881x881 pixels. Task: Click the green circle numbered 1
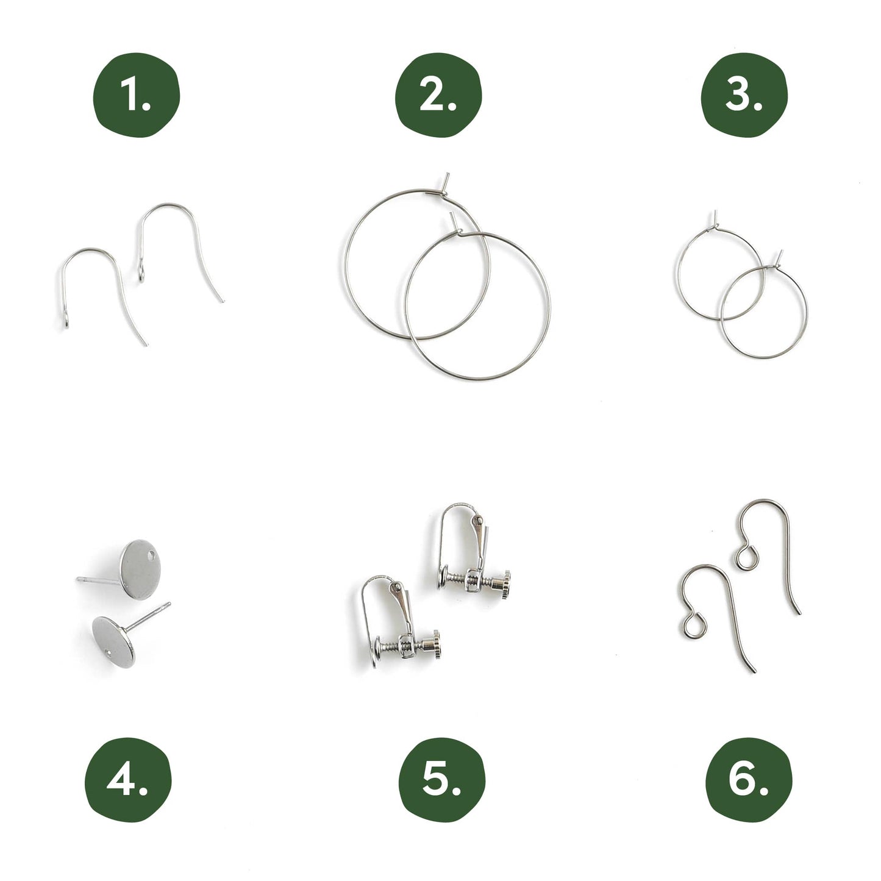click(136, 95)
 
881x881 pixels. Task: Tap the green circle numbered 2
click(438, 95)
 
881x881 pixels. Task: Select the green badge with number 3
click(744, 95)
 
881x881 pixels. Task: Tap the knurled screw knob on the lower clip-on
click(435, 644)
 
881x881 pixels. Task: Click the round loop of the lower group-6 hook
click(693, 626)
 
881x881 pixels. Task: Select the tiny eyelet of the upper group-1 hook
click(141, 276)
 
